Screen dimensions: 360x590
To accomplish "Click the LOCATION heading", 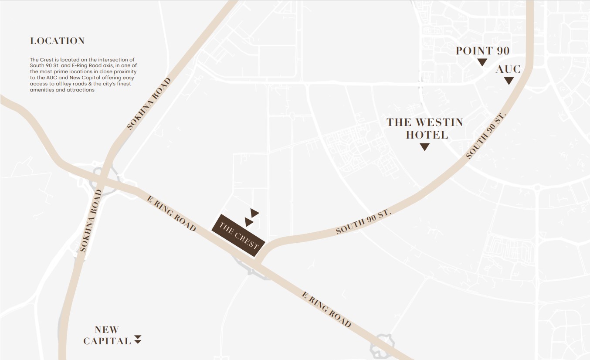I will (x=57, y=41).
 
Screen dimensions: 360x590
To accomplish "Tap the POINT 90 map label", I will (x=482, y=51).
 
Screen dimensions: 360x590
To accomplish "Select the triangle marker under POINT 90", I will (x=482, y=62).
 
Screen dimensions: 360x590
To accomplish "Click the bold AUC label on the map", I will (x=508, y=69).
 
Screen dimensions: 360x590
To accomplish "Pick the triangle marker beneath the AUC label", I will (x=509, y=81).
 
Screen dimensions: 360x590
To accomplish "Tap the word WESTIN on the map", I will (x=440, y=122).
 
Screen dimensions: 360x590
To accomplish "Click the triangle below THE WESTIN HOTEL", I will (x=424, y=147).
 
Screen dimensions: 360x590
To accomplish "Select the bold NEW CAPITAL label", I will (x=107, y=335).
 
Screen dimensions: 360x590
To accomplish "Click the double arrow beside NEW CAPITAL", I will (x=138, y=339).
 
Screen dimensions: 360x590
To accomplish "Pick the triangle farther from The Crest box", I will (x=254, y=213).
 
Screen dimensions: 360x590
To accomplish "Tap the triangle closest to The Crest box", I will (x=249, y=222).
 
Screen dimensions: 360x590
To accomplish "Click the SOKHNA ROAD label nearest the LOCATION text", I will (x=149, y=104).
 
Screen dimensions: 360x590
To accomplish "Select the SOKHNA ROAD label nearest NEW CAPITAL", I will (x=91, y=221).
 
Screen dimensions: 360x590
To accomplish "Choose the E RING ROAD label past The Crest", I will (x=326, y=309).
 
